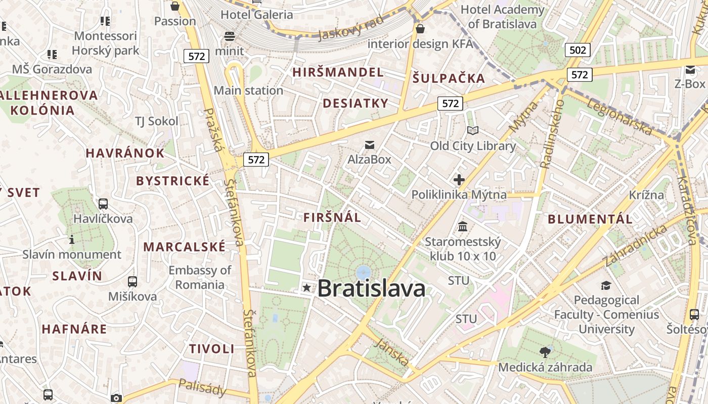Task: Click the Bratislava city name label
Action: [371, 289]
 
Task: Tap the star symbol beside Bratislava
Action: [306, 288]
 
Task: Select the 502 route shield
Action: [578, 49]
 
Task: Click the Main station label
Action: [248, 90]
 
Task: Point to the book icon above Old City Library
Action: [473, 131]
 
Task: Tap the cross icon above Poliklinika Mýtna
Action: [459, 179]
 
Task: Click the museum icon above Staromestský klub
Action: [463, 226]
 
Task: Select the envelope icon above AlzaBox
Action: [370, 145]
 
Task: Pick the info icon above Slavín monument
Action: [72, 239]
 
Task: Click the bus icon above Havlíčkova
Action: [103, 204]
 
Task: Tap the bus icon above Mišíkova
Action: [132, 282]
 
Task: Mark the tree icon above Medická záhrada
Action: [545, 352]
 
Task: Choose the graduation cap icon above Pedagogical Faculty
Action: [606, 286]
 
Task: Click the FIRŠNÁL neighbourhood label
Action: [332, 218]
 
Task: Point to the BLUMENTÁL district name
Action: [590, 219]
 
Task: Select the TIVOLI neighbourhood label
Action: [212, 348]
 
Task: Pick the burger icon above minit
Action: [230, 36]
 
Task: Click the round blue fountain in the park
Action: [363, 273]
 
